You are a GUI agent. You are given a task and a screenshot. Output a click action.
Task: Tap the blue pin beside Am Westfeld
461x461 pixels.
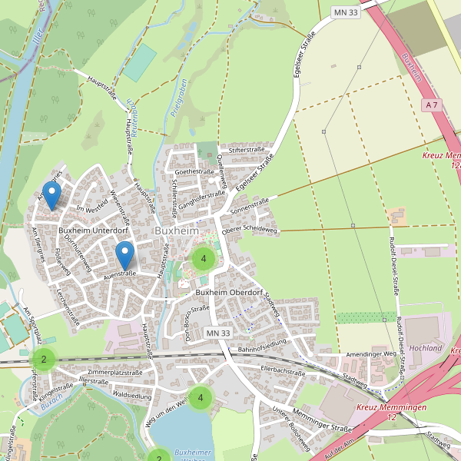pos(51,195)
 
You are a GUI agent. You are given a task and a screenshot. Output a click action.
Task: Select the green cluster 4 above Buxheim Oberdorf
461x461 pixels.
pos(203,259)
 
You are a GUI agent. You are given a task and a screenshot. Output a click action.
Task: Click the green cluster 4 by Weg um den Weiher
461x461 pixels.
pos(201,397)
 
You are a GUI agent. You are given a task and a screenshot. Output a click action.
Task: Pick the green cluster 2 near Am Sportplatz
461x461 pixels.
pos(44,359)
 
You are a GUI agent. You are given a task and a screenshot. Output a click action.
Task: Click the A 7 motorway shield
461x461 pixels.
pos(433,104)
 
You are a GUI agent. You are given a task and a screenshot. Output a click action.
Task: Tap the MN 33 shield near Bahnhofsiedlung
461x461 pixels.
pos(218,333)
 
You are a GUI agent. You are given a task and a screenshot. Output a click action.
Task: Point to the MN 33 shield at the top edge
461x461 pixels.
pos(346,12)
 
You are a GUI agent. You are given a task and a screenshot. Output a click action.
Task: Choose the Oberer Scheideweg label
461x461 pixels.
pos(248,229)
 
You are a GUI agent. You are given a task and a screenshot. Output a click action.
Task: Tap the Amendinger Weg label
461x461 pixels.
pos(370,353)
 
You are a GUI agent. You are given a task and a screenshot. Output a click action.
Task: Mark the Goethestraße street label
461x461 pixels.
pos(194,172)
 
